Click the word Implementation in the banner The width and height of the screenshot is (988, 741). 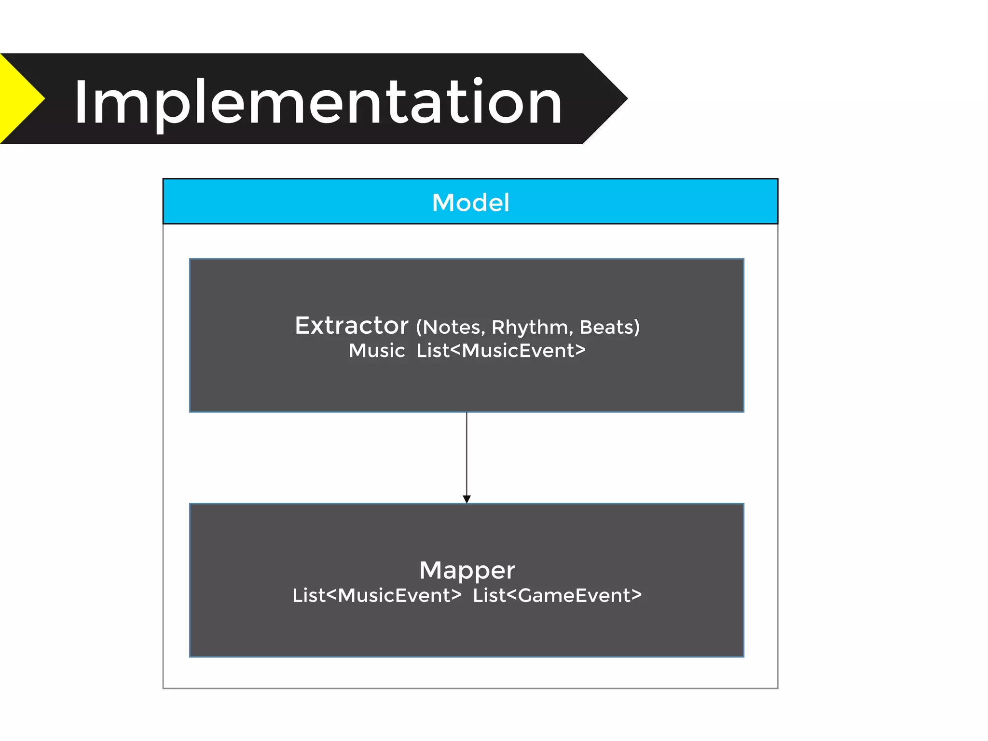[318, 102]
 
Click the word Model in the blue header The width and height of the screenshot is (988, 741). [470, 203]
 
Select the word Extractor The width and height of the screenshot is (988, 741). [352, 326]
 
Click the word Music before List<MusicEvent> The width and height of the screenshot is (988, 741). [377, 351]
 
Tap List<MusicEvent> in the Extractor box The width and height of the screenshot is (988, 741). [501, 351]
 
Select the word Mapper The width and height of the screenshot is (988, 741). [467, 571]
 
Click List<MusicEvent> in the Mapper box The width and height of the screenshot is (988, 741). [377, 595]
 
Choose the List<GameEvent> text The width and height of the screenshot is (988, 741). [557, 595]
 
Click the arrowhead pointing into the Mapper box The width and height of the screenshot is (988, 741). [467, 499]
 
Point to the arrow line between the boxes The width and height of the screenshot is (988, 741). [467, 453]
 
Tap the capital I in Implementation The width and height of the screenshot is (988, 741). [81, 102]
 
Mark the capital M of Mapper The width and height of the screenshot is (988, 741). [430, 570]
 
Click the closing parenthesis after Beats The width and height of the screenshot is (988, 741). [637, 328]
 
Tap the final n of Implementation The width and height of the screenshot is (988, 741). [546, 107]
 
